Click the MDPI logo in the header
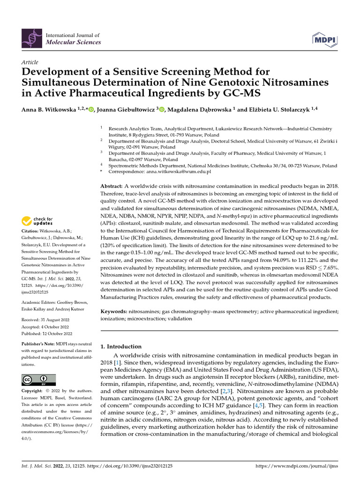click(x=322, y=39)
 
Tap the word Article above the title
click(x=30, y=62)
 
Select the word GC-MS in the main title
click(x=236, y=93)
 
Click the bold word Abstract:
click(x=114, y=186)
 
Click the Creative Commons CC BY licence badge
click(x=38, y=380)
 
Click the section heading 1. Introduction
click(x=121, y=346)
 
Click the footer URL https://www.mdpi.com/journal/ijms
click(x=296, y=466)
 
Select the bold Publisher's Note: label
click(x=41, y=344)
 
